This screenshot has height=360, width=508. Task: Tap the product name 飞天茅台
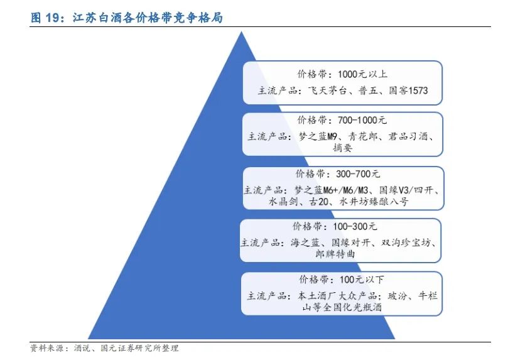point(329,90)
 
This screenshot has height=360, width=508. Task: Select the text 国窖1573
point(408,90)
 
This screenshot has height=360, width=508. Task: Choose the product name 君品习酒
point(414,136)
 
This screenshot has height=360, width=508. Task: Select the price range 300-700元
point(355,173)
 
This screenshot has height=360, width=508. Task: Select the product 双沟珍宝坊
point(406,242)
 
